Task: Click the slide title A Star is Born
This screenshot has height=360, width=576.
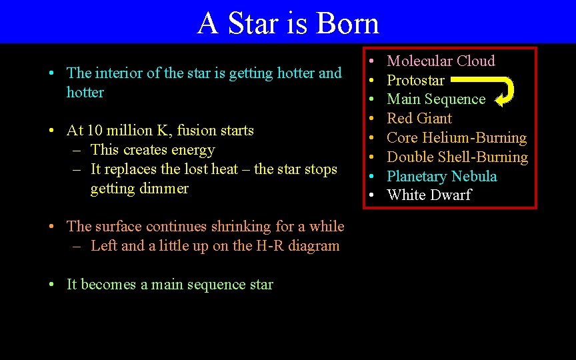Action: [x=288, y=23]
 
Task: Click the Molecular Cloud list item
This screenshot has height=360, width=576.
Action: [x=441, y=61]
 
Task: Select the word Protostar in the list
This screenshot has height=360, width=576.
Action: [x=415, y=81]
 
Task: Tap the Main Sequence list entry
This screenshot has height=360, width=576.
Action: [x=436, y=99]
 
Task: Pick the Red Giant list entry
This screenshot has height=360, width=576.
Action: [x=419, y=119]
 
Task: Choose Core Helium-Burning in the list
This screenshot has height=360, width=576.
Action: [x=457, y=138]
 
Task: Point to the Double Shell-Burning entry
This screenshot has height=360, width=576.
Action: [x=457, y=157]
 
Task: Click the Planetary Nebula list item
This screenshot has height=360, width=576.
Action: [x=442, y=177]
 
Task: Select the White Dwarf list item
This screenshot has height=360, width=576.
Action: [x=429, y=195]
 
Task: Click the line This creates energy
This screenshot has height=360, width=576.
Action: [x=153, y=150]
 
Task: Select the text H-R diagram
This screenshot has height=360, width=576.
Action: [x=297, y=246]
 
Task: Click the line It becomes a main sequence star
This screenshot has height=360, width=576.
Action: [x=170, y=285]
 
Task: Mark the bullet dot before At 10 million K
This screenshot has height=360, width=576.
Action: [x=51, y=131]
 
